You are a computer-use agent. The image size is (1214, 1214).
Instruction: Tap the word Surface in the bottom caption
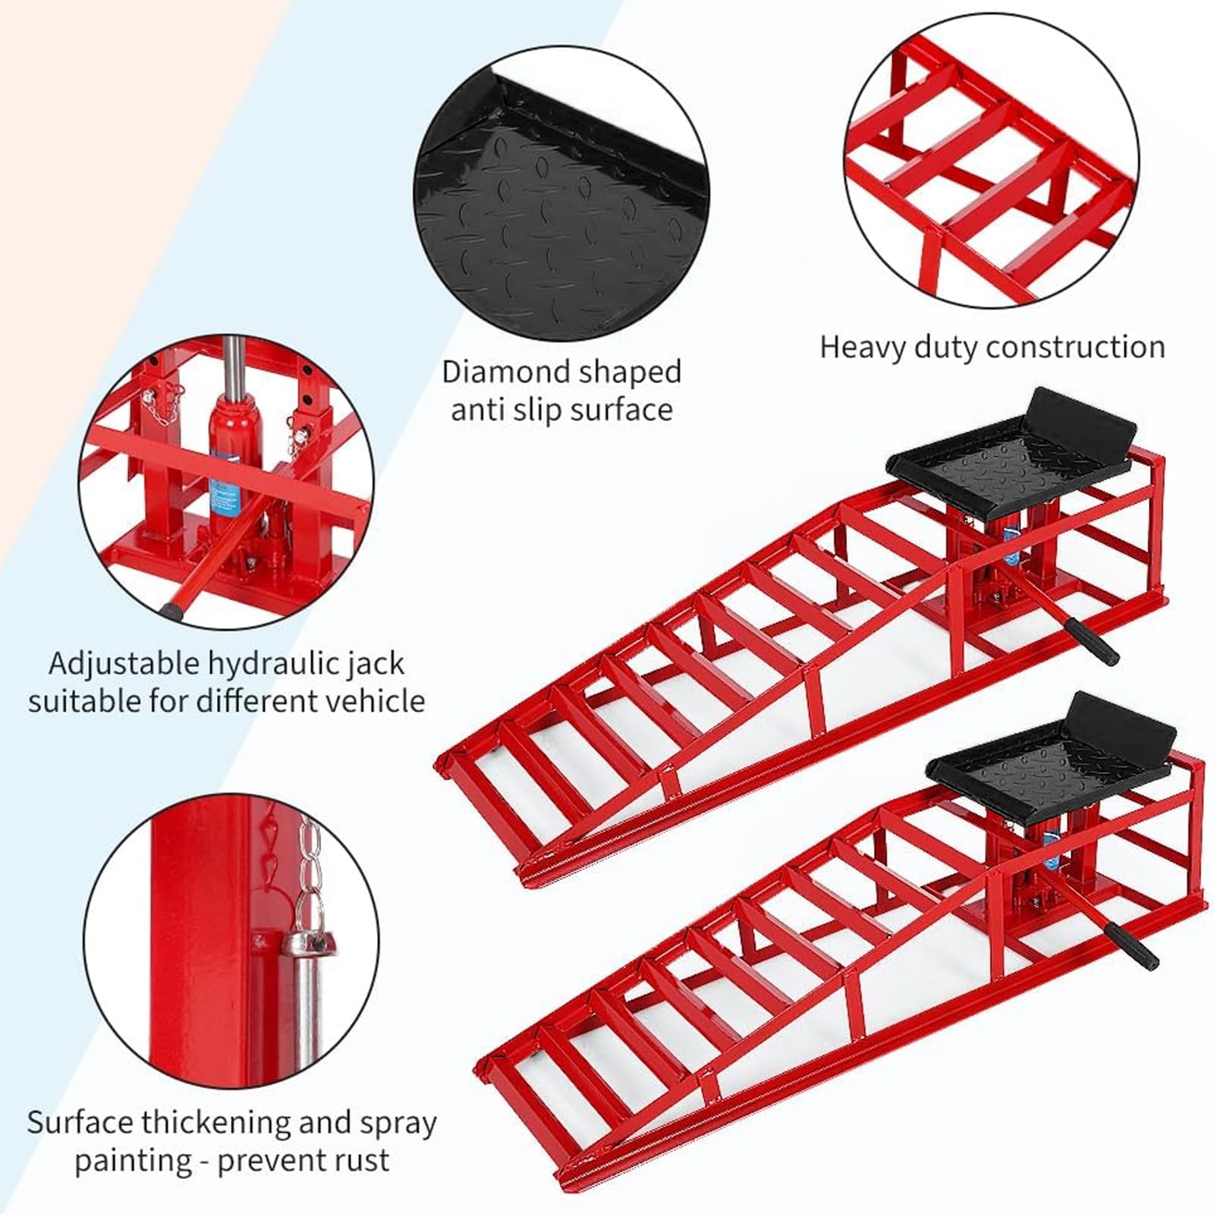pyautogui.click(x=80, y=1122)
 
